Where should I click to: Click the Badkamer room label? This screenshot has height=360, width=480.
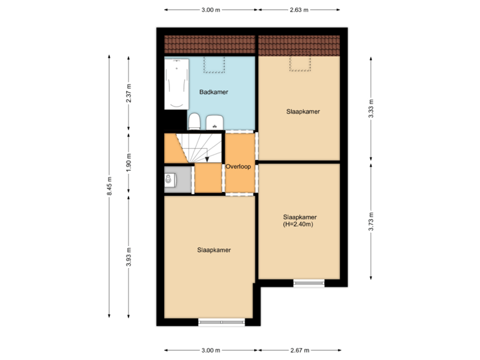coord(214,92)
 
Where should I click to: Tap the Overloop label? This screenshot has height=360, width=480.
coord(238,167)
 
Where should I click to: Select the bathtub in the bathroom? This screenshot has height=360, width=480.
coord(177,85)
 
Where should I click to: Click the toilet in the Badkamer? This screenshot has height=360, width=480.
coord(195,121)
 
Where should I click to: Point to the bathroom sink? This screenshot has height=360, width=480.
coord(215,122)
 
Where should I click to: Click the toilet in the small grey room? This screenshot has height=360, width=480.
coord(169,179)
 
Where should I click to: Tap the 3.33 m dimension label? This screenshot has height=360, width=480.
coord(371,108)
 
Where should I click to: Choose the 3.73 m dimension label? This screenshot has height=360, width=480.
coord(371,221)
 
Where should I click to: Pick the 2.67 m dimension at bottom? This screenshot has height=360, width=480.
coord(301,350)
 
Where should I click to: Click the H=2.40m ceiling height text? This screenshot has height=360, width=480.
coord(299,225)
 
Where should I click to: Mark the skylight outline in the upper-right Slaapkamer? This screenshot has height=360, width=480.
coord(299,63)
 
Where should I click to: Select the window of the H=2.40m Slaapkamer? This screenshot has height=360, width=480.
coord(310,283)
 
